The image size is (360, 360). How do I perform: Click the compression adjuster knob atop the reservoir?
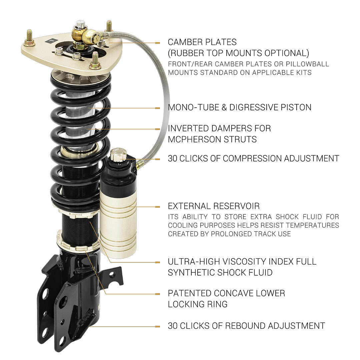tap(118, 155)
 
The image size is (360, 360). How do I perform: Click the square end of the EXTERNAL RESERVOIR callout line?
tap(157, 207)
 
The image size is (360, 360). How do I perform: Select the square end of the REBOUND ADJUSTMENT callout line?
tap(157, 326)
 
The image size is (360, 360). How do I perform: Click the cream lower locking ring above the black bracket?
tap(78, 243)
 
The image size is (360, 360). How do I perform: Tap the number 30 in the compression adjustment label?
tap(173, 158)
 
